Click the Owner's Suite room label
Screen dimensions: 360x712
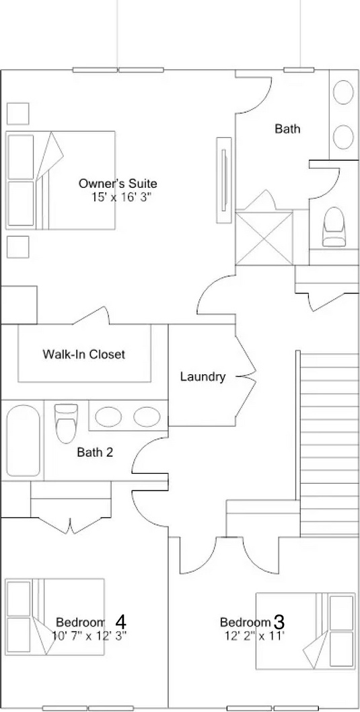click(x=118, y=184)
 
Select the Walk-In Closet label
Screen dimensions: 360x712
click(x=83, y=354)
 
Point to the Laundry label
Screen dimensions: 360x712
click(x=203, y=376)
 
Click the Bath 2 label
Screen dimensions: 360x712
click(x=95, y=452)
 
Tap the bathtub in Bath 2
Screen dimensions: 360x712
click(x=23, y=441)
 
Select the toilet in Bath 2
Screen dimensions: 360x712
click(x=66, y=423)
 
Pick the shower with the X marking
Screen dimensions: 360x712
click(x=264, y=238)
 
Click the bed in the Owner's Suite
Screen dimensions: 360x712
click(x=60, y=180)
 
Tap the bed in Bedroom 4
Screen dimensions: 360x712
click(x=55, y=616)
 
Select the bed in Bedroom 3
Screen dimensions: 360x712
click(x=305, y=631)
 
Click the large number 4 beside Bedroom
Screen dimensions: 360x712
click(x=120, y=621)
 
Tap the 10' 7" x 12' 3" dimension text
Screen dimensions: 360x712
click(x=89, y=635)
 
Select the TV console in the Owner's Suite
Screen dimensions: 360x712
click(x=224, y=180)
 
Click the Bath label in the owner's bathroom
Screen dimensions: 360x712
click(x=287, y=129)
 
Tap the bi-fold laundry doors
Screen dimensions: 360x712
click(x=246, y=376)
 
